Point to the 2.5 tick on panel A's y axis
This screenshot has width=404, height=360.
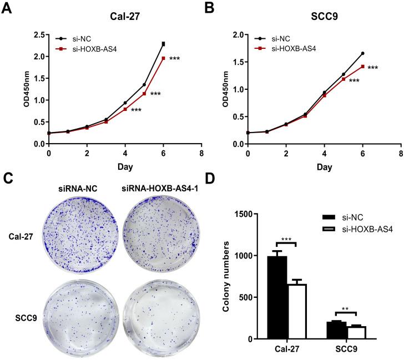tap(39, 35)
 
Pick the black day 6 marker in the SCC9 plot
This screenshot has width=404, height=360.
tap(362, 53)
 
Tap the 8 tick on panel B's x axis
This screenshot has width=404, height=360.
tap(401, 153)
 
